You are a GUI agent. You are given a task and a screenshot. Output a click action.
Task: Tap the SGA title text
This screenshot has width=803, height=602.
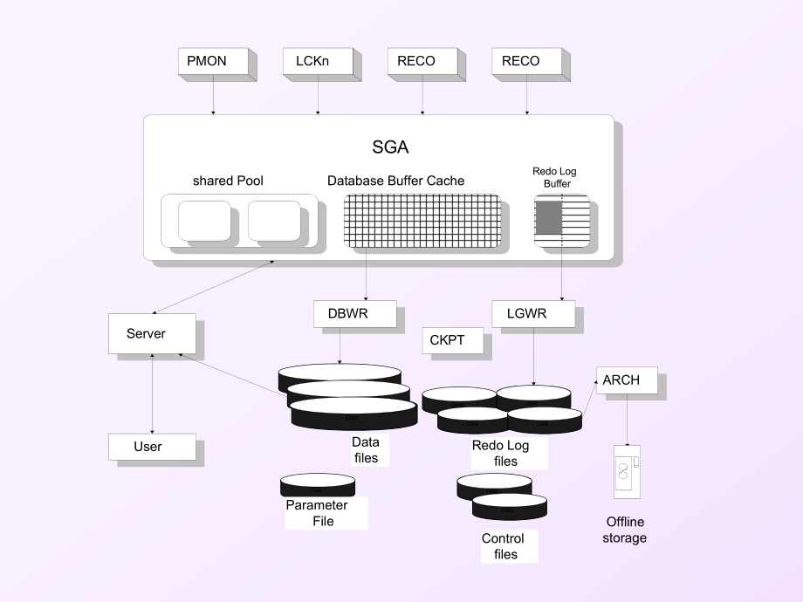point(390,147)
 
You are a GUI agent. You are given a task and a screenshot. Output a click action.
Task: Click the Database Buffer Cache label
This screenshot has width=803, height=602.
point(396,181)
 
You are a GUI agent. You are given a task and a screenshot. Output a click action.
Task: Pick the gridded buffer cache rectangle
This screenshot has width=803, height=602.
point(422,221)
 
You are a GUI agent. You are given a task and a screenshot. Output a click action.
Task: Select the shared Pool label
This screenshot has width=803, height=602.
point(228,181)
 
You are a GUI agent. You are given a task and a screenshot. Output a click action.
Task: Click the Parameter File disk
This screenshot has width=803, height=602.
point(318,485)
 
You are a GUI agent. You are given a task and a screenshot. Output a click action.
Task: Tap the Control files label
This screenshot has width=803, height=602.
point(503,546)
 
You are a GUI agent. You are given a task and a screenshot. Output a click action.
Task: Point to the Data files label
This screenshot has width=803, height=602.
point(366,450)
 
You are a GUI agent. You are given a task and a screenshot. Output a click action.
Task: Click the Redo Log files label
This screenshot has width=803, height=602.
point(500,453)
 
